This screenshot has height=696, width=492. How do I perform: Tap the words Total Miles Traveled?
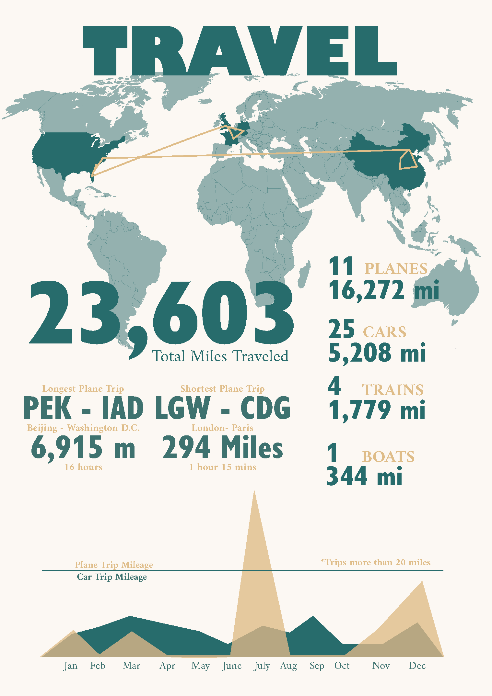(x=220, y=356)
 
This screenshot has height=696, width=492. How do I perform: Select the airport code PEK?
(x=48, y=408)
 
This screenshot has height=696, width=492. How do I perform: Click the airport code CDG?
(x=265, y=408)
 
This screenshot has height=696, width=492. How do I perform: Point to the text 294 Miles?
(x=222, y=448)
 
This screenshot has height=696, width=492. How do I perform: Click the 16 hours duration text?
(x=83, y=467)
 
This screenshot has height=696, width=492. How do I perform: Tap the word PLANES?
(x=396, y=269)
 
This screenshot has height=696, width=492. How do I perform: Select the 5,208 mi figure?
(x=377, y=353)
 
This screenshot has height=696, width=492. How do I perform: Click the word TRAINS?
(x=392, y=390)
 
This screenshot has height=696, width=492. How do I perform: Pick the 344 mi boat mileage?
(x=364, y=477)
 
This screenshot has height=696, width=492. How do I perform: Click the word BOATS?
(x=388, y=457)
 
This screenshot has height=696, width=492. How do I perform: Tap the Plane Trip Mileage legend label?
(x=114, y=565)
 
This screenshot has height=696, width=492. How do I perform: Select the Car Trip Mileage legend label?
(x=112, y=577)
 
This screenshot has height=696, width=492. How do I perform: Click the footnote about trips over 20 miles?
(x=376, y=562)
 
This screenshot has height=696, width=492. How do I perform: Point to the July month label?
(x=262, y=666)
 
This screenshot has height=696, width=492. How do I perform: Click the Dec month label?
(x=417, y=666)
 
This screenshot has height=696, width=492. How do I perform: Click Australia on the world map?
(x=451, y=288)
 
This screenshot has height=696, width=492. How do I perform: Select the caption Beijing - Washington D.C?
(x=83, y=428)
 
